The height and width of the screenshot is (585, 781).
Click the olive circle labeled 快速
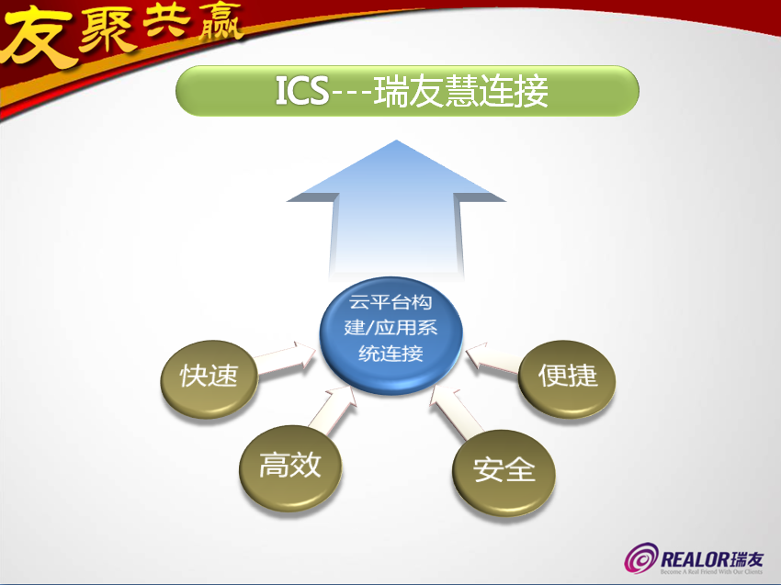(209, 377)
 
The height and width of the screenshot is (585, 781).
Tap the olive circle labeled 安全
(504, 469)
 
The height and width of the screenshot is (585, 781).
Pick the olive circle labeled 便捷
(568, 376)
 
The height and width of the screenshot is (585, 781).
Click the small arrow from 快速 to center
(285, 359)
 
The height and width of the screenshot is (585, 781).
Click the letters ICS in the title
(301, 91)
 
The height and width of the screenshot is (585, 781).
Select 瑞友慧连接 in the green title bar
(461, 91)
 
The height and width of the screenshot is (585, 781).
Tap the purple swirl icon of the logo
(641, 558)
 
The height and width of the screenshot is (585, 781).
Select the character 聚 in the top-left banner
(98, 30)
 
